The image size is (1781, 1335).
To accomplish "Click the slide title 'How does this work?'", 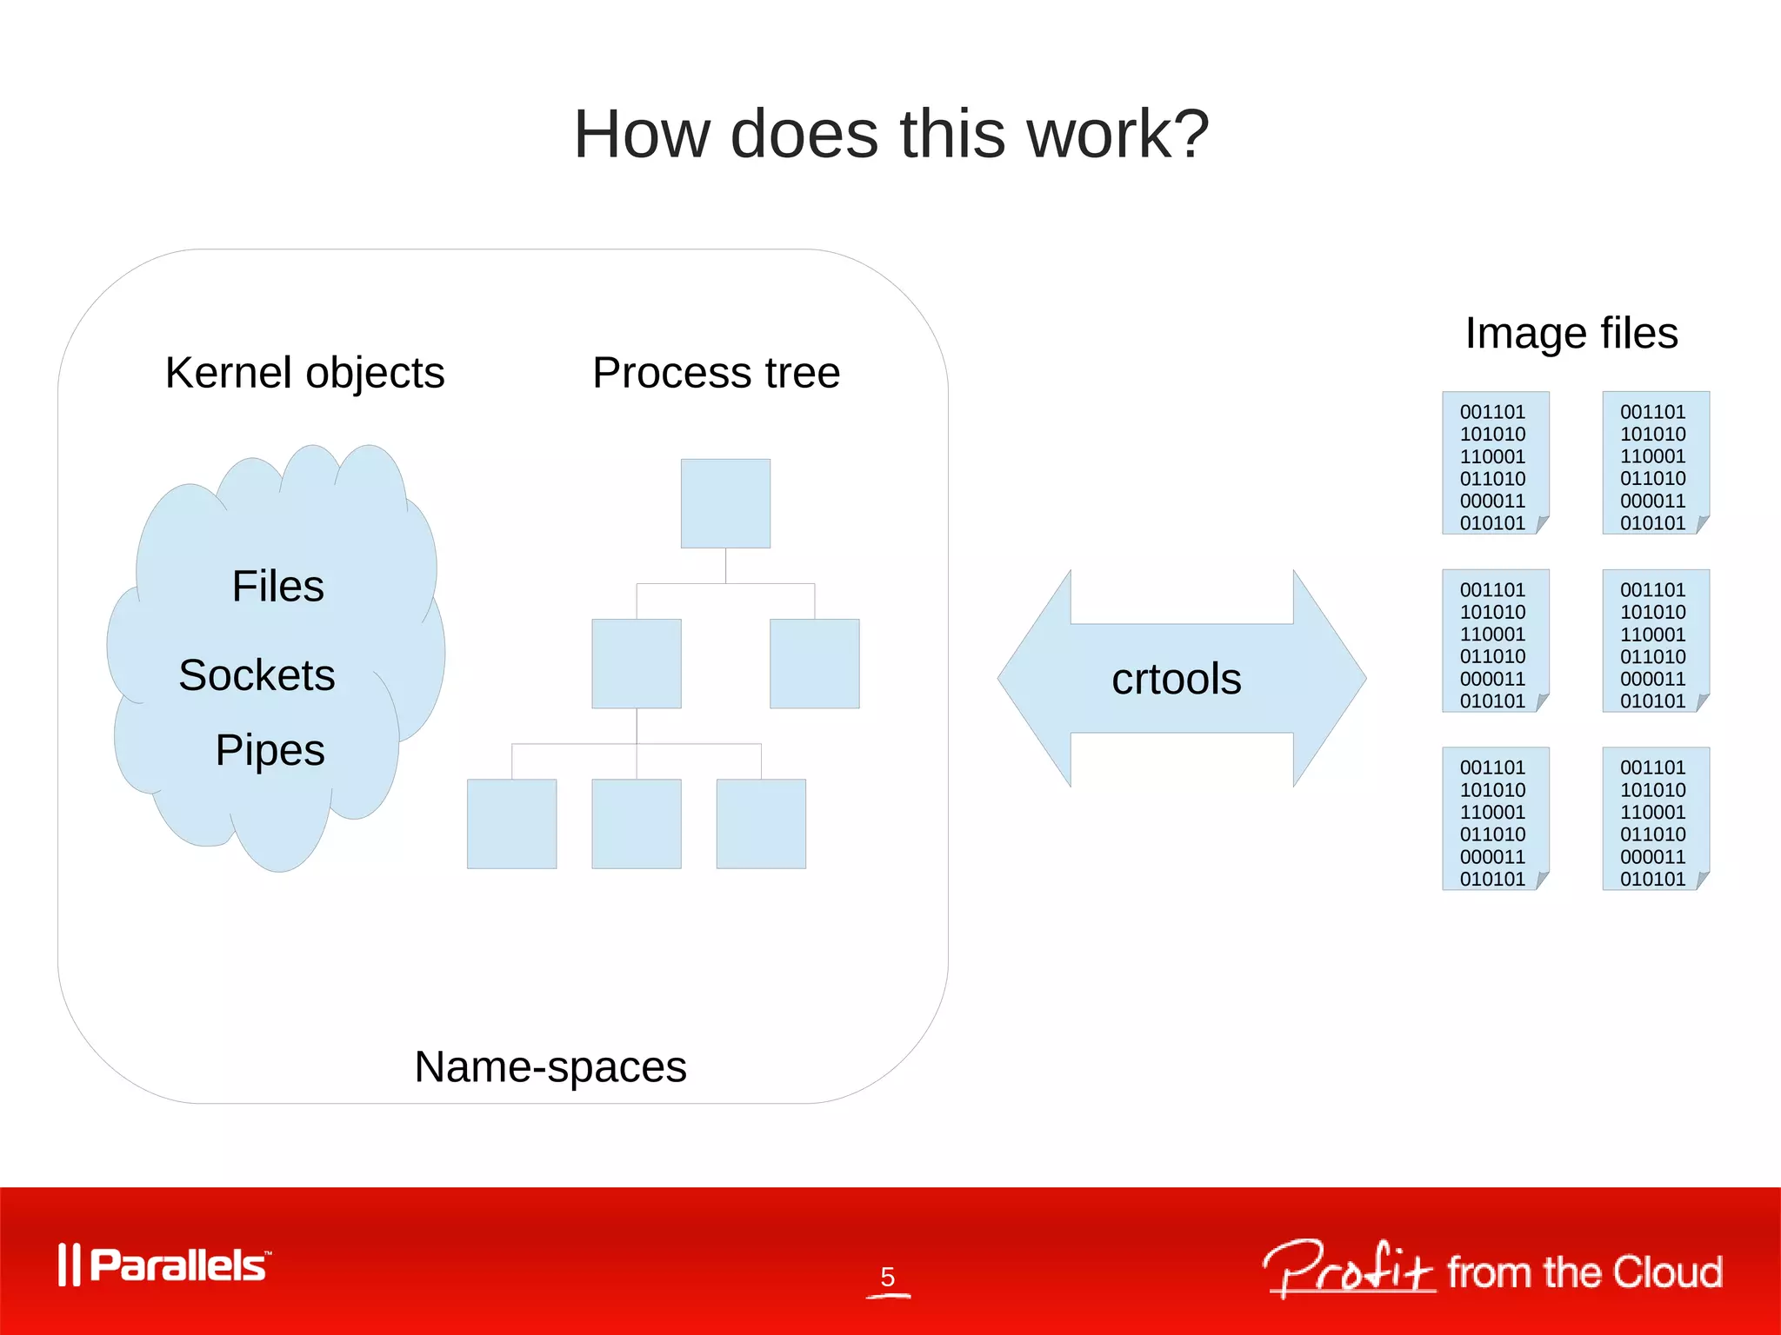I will pos(890,135).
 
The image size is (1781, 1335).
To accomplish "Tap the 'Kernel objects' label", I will pos(304,373).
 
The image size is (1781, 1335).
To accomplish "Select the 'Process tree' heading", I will pos(716,373).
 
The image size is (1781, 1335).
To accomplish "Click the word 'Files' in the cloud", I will pos(277,586).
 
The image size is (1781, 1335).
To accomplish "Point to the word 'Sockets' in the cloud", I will pos(257,675).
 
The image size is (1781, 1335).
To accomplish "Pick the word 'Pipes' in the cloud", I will pos(270,750).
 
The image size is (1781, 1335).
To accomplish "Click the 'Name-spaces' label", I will pos(550,1066).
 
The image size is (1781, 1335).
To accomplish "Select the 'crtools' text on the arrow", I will pos(1176,679).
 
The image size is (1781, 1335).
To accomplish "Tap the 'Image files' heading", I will pos(1571,333).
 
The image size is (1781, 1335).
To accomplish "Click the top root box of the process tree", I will pos(725,503).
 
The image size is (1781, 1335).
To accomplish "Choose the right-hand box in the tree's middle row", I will pos(814,663).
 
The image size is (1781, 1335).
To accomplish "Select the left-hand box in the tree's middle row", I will pos(637,663).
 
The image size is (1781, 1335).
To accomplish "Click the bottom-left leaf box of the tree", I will pos(511,823).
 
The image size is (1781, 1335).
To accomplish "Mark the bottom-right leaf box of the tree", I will pos(761,823).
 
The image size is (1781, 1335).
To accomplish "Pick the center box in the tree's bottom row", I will pos(637,823).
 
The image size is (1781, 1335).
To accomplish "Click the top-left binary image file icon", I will pos(1495,462).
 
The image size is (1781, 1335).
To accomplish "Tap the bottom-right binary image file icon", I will pos(1655,818).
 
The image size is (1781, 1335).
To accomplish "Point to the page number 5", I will pos(887,1277).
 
